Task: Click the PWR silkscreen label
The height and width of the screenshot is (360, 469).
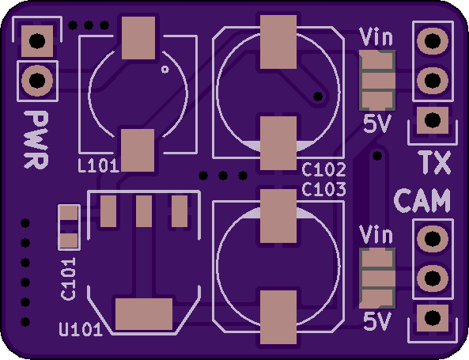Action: (36, 140)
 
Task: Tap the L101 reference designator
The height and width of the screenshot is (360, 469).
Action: (99, 166)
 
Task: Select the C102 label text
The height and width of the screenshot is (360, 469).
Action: (324, 169)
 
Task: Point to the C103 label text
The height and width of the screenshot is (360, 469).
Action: (324, 189)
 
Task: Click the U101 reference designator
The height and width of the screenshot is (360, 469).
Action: (81, 329)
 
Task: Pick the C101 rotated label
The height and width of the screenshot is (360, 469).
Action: (68, 279)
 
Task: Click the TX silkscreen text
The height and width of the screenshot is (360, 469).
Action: (435, 162)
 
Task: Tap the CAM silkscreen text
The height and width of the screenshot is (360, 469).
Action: (422, 200)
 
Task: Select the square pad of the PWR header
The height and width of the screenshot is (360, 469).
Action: (37, 41)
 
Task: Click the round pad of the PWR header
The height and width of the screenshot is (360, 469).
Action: (37, 81)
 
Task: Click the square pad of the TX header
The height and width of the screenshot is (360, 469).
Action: (433, 120)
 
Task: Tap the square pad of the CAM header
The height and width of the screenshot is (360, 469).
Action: (433, 318)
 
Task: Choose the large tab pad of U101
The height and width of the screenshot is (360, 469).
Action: (144, 314)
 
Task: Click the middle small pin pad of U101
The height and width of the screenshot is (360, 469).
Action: (144, 211)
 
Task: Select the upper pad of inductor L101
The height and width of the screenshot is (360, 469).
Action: (138, 38)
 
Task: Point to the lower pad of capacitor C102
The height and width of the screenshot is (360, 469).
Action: (278, 143)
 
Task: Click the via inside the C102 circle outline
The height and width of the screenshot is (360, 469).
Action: (318, 97)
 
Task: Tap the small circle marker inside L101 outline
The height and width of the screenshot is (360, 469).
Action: (165, 70)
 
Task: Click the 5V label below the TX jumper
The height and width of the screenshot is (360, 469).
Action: (377, 123)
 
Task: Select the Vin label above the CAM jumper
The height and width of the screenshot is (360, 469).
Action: (376, 235)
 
